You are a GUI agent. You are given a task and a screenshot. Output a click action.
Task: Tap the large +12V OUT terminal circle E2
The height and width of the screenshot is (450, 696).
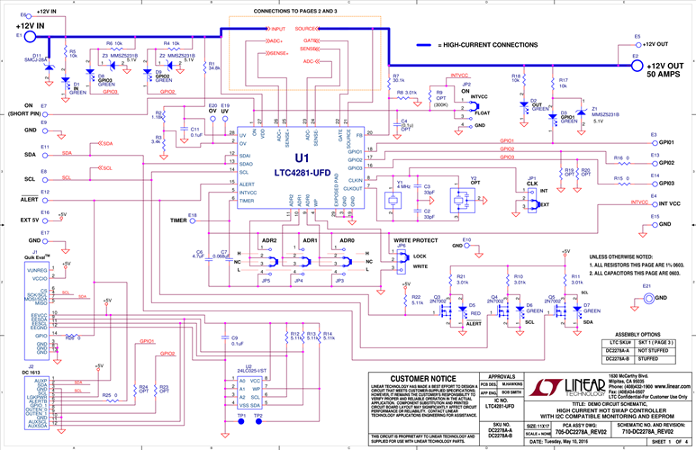637,64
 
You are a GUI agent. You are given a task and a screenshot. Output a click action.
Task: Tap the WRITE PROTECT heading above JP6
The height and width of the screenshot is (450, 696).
416,241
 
